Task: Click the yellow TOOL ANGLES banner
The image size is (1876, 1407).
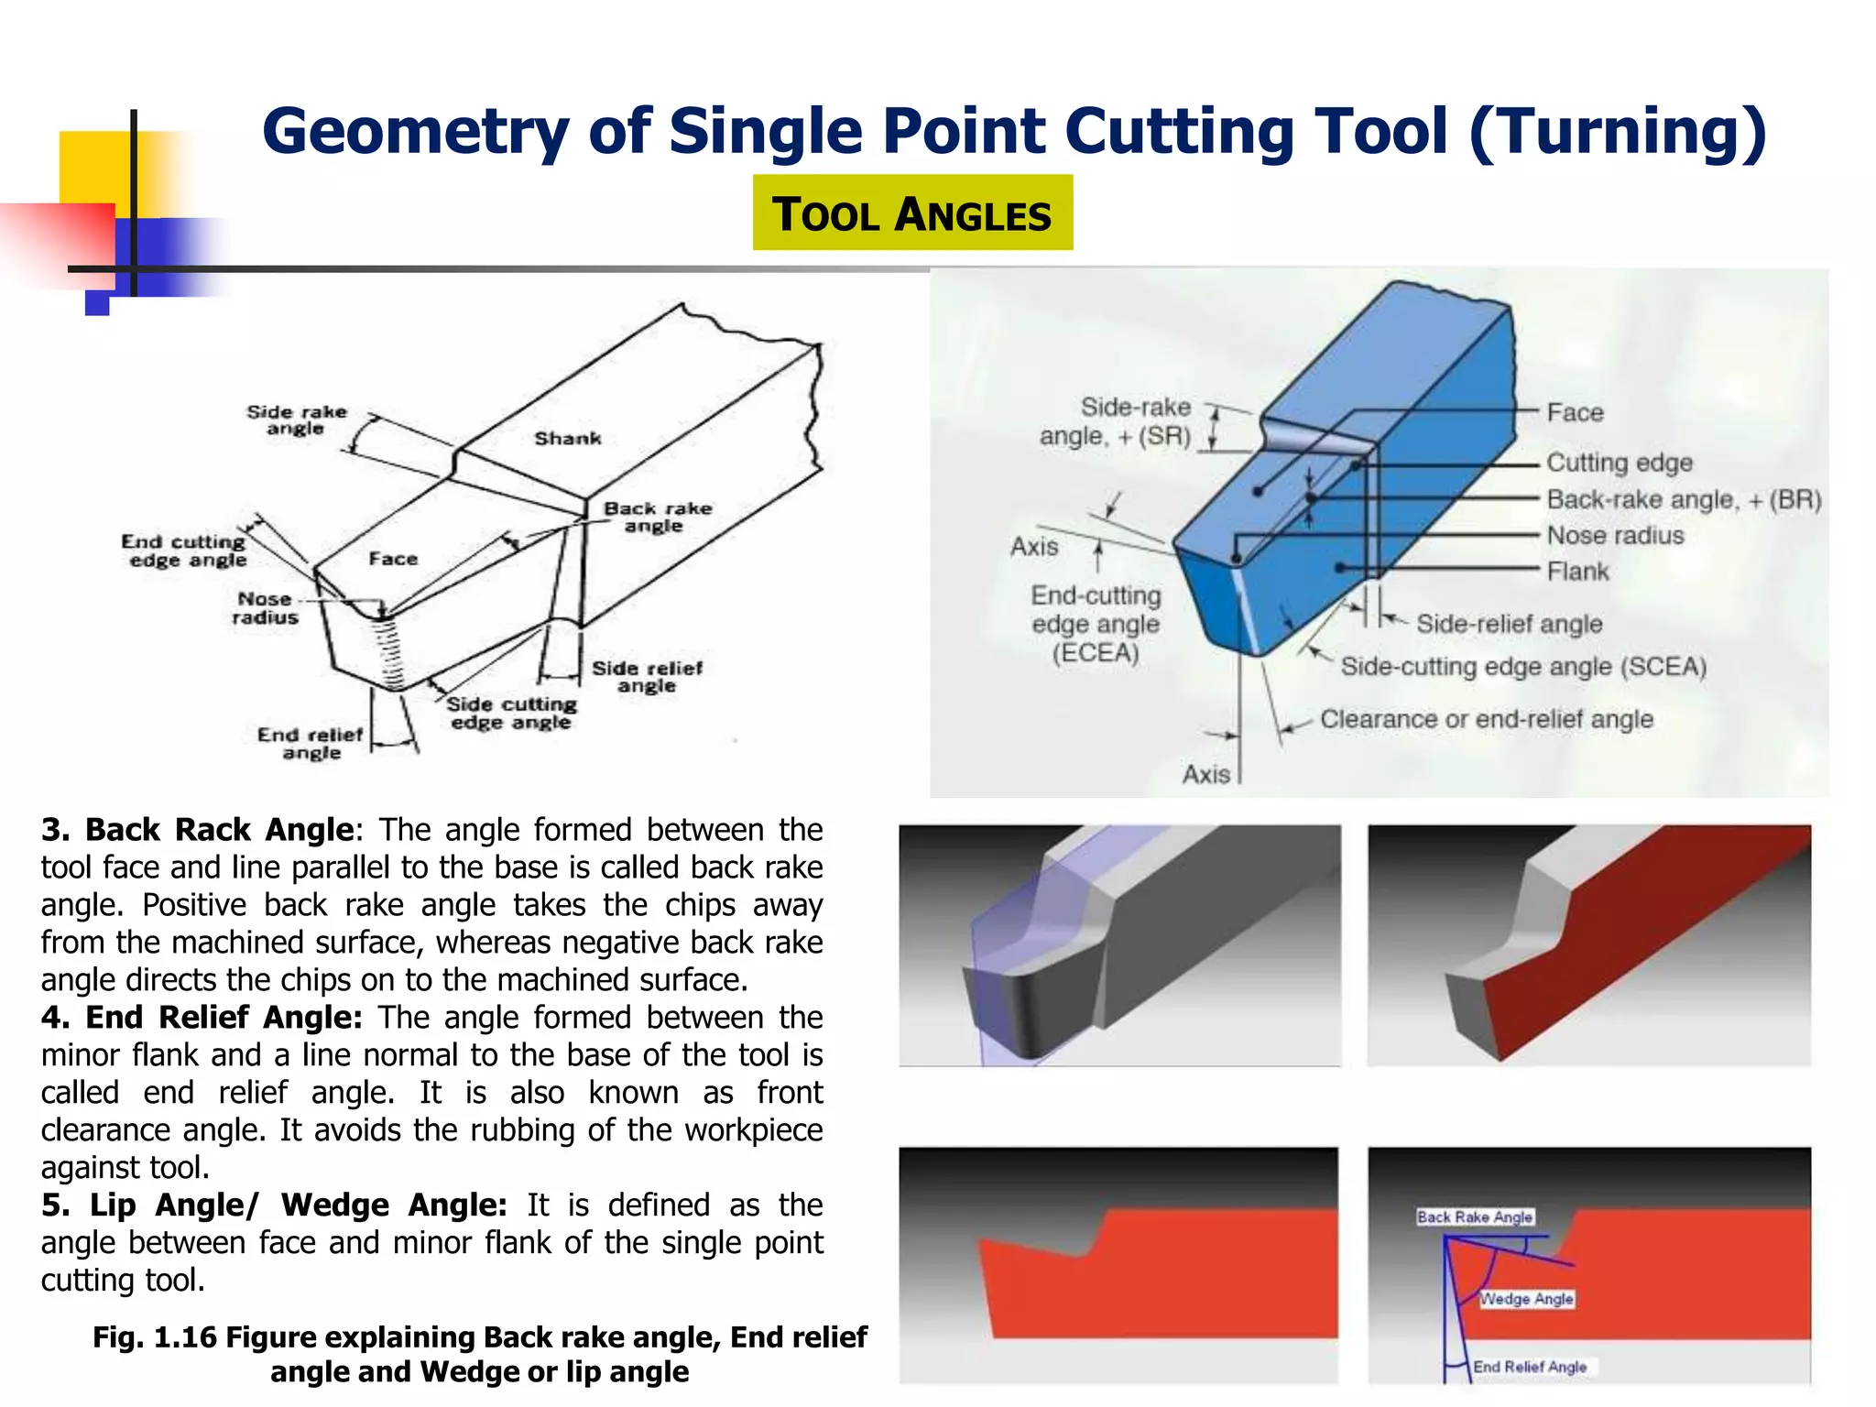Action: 911,213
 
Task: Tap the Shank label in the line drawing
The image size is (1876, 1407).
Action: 568,439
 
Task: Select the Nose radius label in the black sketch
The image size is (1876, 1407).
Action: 265,608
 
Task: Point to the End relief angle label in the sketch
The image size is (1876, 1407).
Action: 311,743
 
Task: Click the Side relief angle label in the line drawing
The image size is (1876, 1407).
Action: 647,677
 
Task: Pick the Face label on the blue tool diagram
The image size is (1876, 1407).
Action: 1575,413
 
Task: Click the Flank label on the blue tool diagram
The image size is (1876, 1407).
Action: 1577,572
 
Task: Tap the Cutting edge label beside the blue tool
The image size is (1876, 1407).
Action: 1619,463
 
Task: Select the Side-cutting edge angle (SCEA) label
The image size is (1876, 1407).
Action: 1523,666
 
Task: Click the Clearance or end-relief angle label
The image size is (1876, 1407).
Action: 1486,719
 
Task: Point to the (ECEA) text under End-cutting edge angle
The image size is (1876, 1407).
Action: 1095,653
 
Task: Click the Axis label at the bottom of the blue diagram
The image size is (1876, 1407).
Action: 1205,775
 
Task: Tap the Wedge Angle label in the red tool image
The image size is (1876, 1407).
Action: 1526,1299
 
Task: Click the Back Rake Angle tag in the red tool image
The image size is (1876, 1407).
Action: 1474,1216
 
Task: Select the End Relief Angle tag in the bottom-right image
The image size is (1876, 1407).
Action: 1530,1367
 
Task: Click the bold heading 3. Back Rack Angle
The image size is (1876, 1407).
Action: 197,830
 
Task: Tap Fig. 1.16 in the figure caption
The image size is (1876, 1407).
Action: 155,1337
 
